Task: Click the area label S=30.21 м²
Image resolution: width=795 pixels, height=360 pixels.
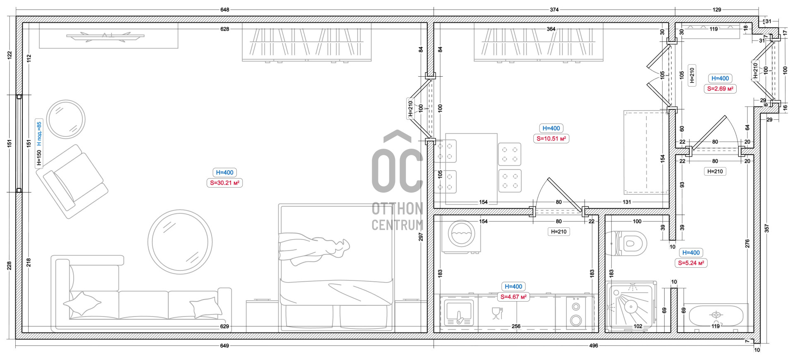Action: click(x=224, y=183)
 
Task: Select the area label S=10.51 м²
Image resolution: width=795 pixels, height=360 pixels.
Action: click(x=551, y=139)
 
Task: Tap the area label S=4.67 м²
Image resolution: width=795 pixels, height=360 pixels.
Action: click(x=513, y=297)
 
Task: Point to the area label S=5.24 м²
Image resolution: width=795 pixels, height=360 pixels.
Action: click(x=691, y=263)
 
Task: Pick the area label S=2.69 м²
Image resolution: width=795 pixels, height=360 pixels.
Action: click(x=720, y=89)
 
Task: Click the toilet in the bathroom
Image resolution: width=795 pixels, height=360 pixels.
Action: click(x=626, y=243)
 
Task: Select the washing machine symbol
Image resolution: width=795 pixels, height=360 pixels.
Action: click(x=461, y=236)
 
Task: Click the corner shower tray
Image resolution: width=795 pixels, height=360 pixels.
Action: click(x=631, y=307)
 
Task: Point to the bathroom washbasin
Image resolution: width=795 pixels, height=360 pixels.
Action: click(x=716, y=316)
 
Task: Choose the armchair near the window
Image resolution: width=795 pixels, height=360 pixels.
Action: click(x=72, y=181)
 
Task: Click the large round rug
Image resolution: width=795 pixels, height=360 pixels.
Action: click(x=180, y=242)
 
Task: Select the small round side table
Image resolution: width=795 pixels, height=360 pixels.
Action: click(x=66, y=119)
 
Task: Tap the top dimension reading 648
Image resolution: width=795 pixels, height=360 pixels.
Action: click(x=225, y=10)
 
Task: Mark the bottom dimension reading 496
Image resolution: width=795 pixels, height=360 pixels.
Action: click(x=593, y=346)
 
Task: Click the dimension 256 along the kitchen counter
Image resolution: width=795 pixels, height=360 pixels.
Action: click(x=516, y=326)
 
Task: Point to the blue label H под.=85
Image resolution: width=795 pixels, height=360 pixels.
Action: click(x=39, y=133)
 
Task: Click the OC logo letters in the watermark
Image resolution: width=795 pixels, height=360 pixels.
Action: click(x=397, y=162)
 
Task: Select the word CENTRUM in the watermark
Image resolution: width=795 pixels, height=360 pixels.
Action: click(x=397, y=225)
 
